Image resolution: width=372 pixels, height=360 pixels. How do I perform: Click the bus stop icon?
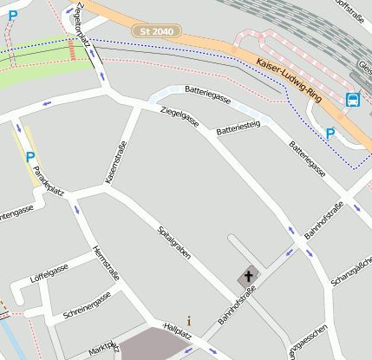click(353, 100)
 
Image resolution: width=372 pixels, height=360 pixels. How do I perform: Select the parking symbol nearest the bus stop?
click(330, 133)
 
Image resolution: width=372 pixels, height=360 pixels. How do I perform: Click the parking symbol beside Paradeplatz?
click(30, 157)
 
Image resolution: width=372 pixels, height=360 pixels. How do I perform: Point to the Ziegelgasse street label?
click(179, 121)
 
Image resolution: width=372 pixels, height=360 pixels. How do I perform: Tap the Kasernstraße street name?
click(112, 162)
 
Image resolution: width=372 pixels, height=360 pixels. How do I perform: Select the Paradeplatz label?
click(48, 181)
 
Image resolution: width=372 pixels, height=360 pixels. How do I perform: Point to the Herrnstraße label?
click(106, 257)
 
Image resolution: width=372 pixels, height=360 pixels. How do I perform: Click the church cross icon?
click(248, 277)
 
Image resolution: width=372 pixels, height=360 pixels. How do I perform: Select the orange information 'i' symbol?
click(189, 320)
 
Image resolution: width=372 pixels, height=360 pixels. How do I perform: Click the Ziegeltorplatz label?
click(84, 19)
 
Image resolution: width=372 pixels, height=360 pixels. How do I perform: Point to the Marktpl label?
click(103, 350)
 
